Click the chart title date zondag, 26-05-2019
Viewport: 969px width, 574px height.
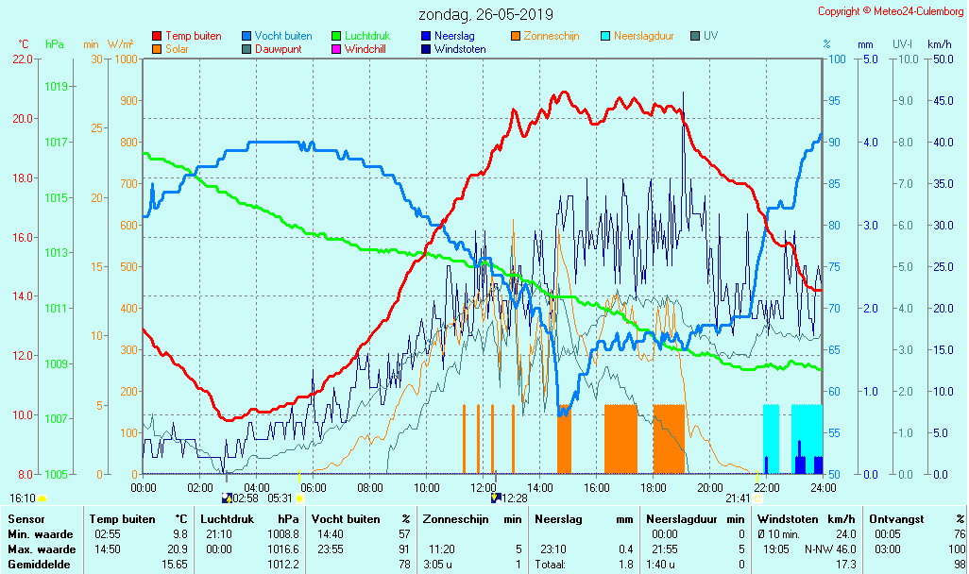486,15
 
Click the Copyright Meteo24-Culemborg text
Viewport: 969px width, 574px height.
891,11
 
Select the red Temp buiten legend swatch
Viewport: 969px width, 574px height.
157,36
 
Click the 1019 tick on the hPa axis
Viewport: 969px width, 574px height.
56,87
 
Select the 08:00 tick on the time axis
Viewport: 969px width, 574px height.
369,487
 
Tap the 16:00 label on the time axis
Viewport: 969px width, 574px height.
596,487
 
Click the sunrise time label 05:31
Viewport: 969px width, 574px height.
280,498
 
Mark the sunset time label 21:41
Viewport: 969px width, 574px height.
738,498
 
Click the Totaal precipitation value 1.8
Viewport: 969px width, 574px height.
625,565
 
